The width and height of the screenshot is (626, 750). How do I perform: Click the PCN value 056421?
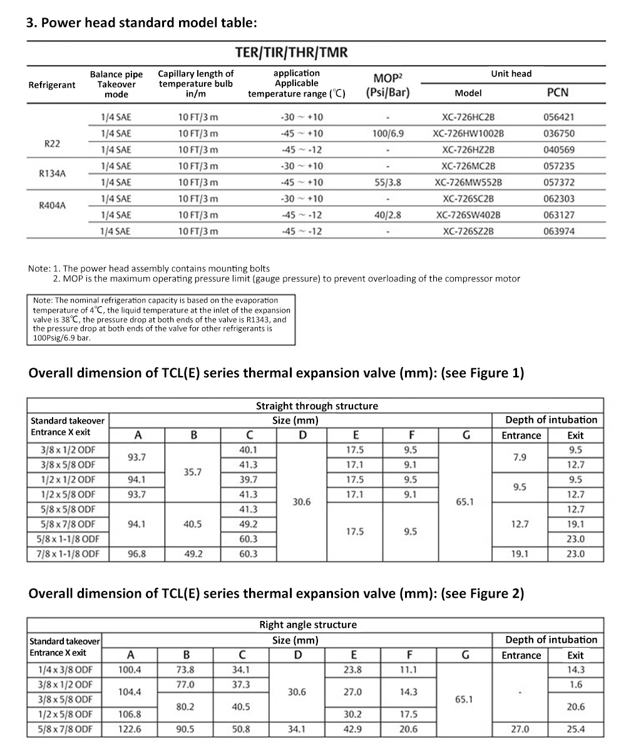coord(559,117)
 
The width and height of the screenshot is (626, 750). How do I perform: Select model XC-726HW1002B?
coord(468,133)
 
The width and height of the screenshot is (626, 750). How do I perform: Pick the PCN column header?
coord(558,93)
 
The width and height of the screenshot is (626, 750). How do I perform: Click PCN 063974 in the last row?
coord(559,231)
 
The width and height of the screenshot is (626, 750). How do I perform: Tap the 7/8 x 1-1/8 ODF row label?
coord(68,554)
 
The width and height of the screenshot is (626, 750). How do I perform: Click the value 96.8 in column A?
coord(137,554)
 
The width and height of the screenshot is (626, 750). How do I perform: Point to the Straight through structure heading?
coord(317,406)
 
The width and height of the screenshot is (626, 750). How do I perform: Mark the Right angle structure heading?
coord(308,625)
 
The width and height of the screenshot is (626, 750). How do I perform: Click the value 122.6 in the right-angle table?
coord(130,729)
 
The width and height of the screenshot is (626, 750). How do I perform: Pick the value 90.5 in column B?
coord(186,729)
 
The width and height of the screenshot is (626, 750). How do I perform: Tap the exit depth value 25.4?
coord(575,729)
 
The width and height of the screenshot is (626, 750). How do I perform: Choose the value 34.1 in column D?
coord(298,729)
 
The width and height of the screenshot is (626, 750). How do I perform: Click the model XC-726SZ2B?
coord(468,231)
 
